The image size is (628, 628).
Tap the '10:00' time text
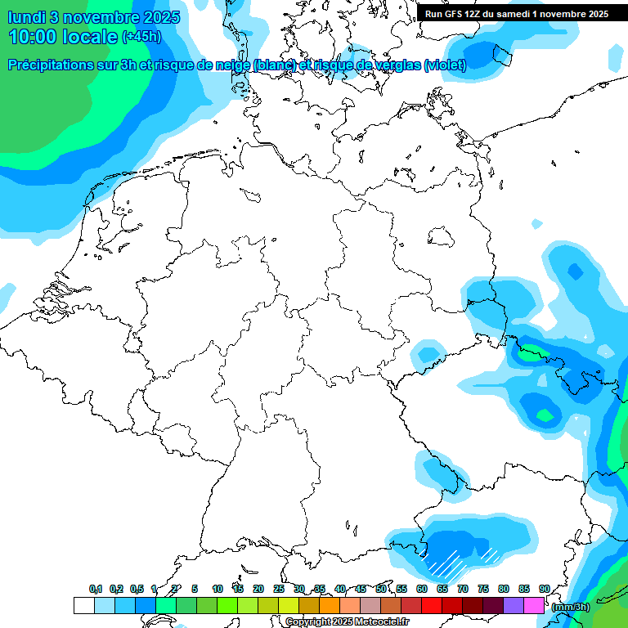(x=33, y=37)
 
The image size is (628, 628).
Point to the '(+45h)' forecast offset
(x=141, y=37)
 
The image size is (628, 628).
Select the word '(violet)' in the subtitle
(x=445, y=65)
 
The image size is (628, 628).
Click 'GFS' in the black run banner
(x=453, y=14)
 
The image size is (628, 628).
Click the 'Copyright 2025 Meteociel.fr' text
(x=347, y=622)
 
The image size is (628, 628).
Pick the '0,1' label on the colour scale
(x=96, y=589)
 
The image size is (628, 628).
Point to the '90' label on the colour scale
(x=545, y=589)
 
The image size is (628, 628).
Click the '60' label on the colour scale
(x=422, y=589)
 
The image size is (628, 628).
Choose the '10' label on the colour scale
(x=218, y=589)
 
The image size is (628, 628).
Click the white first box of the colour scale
(x=83, y=606)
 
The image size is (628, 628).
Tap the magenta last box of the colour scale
(x=534, y=606)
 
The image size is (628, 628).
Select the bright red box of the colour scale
(x=432, y=606)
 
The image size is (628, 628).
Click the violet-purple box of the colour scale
(x=514, y=606)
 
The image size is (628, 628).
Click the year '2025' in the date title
(x=144, y=16)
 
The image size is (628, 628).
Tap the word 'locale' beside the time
(x=90, y=37)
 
